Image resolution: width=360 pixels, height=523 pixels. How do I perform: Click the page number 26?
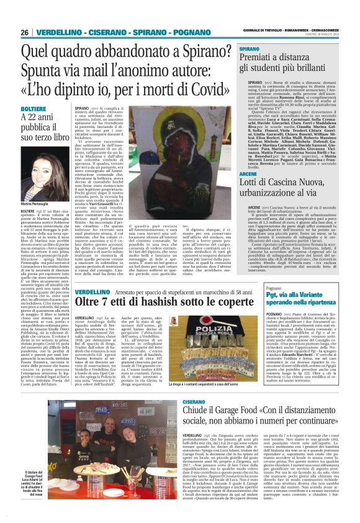(24, 32)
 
